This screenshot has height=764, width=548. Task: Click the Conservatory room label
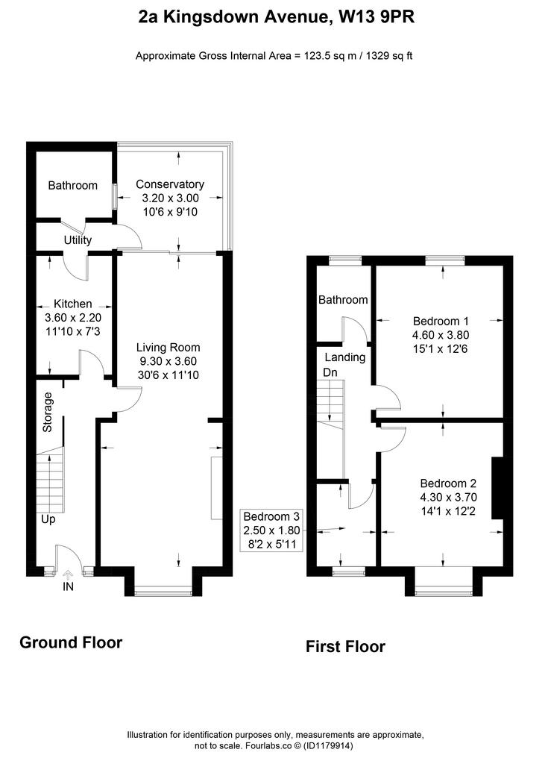point(169,184)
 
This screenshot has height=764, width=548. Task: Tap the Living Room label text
point(168,348)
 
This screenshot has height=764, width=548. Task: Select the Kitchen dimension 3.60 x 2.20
point(72,318)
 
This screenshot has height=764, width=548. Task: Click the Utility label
point(78,239)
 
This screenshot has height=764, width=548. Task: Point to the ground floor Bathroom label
point(72,185)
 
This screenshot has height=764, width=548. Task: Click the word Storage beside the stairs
point(47,412)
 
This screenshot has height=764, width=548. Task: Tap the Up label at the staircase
point(48,519)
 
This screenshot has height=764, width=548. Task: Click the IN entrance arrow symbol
point(68,577)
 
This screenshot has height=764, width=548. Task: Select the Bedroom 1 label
point(441,321)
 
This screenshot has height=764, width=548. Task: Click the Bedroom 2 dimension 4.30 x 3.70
point(448,498)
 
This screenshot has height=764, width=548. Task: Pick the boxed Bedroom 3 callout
point(272,530)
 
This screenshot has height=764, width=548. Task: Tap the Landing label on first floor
point(345,357)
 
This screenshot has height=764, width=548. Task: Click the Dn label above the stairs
point(330,372)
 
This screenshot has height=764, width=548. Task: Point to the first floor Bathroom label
point(343,300)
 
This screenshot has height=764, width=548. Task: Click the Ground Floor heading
point(71,642)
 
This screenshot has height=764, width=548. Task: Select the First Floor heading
point(345,647)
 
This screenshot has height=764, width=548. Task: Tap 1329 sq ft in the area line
point(389,55)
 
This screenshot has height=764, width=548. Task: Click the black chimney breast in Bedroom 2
point(498,488)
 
